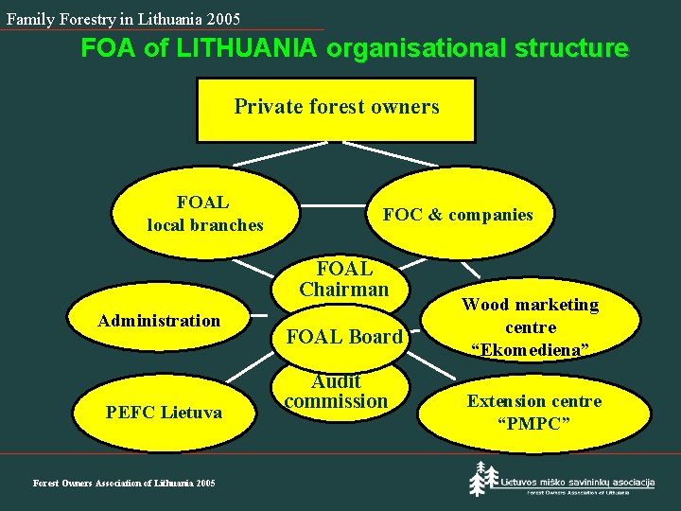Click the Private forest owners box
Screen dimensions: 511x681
[336, 108]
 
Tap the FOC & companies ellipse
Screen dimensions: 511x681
[457, 215]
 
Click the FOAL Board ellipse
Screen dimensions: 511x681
[343, 337]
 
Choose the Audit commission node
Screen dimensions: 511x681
[336, 392]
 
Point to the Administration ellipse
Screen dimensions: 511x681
[159, 321]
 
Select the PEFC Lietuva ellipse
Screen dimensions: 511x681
[164, 413]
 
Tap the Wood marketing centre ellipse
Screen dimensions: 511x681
[530, 327]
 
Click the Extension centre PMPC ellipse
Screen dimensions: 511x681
[534, 411]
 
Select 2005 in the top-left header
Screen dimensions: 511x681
[222, 19]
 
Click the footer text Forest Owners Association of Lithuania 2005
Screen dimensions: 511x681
[124, 484]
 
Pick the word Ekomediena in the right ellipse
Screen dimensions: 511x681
[531, 350]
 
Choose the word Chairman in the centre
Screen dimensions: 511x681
[343, 290]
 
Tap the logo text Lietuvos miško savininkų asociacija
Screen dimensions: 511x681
[577, 482]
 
